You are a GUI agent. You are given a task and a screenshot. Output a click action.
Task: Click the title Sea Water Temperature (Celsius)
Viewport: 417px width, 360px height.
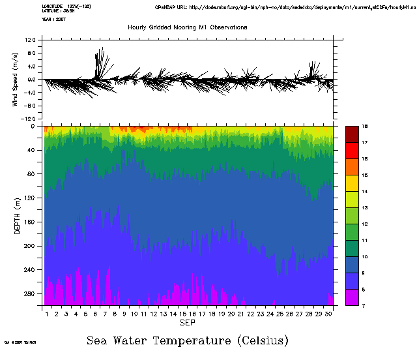point(188,340)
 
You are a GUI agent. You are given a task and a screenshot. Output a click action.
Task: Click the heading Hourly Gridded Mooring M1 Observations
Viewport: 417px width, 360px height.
point(187,27)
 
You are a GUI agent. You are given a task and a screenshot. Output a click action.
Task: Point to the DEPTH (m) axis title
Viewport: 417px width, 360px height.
point(18,215)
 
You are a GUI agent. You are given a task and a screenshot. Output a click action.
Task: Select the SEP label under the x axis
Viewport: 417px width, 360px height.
point(187,323)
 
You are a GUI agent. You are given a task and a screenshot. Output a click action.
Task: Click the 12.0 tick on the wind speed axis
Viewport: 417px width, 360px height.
point(30,40)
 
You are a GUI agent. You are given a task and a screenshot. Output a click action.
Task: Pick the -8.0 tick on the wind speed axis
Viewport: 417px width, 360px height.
point(29,106)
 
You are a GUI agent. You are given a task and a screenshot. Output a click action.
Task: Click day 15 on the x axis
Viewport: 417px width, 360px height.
point(183,314)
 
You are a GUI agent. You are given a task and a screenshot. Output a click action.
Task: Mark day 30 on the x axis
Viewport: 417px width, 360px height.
point(329,314)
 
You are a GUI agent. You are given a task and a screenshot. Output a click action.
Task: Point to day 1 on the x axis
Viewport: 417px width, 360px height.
point(47,314)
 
